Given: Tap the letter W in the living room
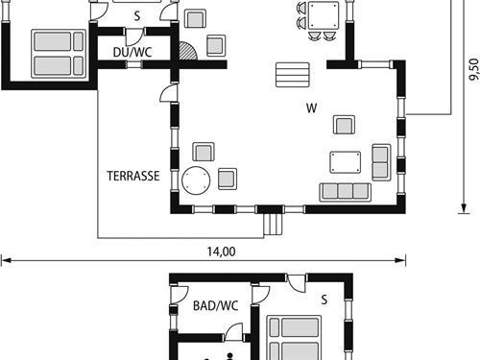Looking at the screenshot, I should click(311, 108).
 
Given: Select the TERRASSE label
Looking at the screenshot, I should click(132, 176).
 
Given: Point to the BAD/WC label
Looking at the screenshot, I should click(215, 306).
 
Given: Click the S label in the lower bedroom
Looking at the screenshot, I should click(324, 300).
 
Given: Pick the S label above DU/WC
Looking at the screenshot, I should click(136, 16).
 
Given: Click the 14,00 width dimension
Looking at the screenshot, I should click(221, 252).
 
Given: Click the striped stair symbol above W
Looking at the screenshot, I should click(293, 75).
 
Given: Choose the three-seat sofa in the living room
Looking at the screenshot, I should click(346, 191).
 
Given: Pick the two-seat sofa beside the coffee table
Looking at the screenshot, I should click(381, 162).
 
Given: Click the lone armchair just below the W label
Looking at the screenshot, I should click(344, 124).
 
